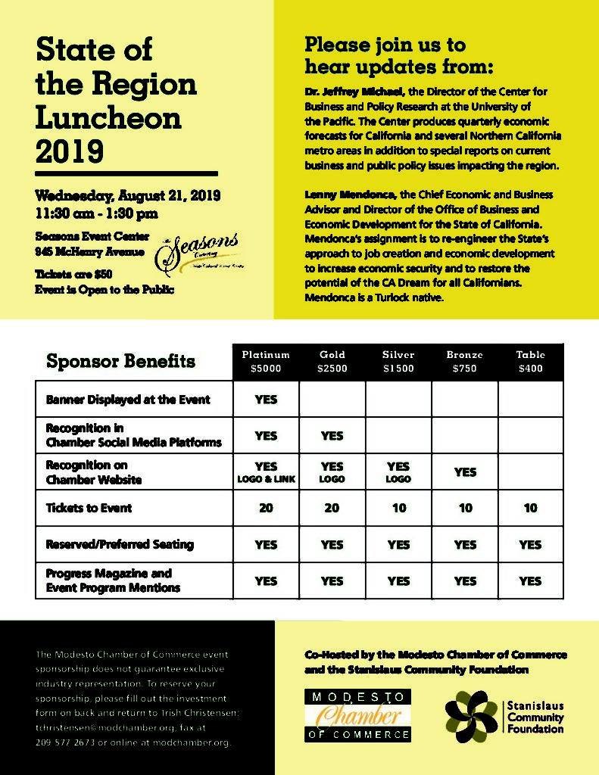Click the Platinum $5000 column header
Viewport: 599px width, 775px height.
266,362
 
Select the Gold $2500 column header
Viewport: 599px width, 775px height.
332,362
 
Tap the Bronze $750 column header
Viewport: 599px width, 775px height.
465,362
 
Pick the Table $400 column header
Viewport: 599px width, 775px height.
530,362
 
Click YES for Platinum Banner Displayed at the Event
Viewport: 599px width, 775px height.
266,399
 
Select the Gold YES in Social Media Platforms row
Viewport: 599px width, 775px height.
332,435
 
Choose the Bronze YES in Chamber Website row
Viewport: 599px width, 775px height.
465,472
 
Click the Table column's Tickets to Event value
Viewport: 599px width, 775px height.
530,508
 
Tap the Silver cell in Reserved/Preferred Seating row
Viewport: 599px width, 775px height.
398,544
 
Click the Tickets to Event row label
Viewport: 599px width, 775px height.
89,508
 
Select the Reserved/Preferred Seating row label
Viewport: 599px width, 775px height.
120,544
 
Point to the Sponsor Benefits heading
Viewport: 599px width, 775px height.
121,361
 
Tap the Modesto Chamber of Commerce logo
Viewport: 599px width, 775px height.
358,715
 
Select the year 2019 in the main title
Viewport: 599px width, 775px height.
70,151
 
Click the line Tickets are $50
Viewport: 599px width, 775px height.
74,274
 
